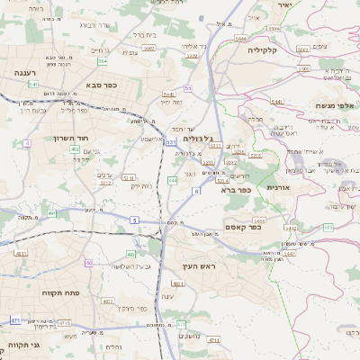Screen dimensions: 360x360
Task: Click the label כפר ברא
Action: [235, 190]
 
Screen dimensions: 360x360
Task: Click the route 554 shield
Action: [103, 61]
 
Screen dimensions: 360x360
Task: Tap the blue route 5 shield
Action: [134, 220]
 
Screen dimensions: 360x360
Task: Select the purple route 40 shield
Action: [88, 263]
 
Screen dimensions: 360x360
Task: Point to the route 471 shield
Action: [15, 320]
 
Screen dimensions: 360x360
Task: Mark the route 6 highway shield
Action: [196, 191]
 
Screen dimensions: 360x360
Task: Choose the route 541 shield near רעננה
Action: [32, 84]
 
